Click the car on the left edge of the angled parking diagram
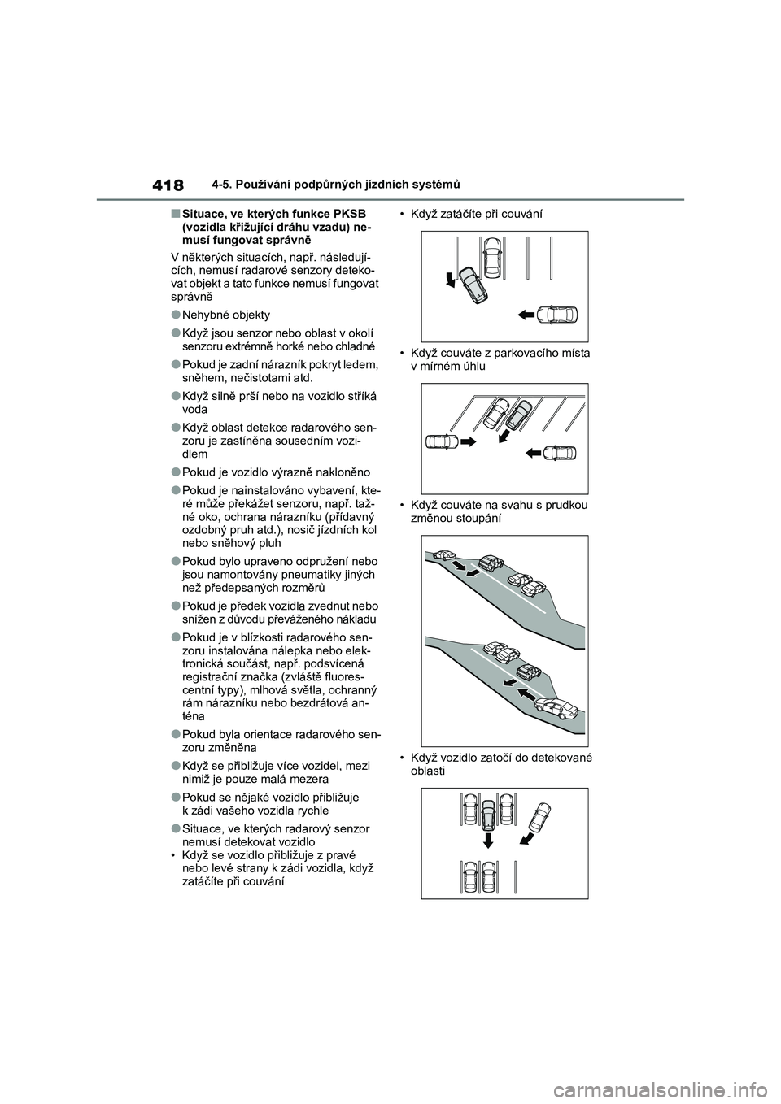point(440,441)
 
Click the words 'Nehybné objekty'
point(226,315)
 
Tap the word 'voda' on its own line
point(196,411)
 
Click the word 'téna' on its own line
point(194,716)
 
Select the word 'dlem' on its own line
point(196,456)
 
